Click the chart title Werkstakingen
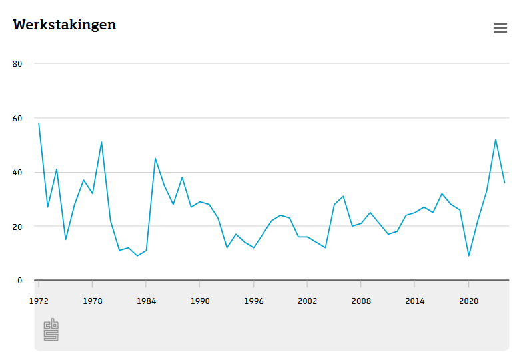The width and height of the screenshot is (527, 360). [65, 25]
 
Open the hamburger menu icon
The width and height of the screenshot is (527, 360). [500, 28]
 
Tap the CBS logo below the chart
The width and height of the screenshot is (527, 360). [51, 329]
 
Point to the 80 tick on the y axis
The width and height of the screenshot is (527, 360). [17, 64]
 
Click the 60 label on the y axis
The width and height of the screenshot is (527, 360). [17, 119]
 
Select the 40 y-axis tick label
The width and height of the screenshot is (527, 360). [17, 173]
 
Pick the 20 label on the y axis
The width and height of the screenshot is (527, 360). [17, 227]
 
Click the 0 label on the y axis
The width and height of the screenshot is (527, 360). [19, 281]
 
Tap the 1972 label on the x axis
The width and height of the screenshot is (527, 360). [39, 301]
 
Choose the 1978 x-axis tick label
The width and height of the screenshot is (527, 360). [93, 301]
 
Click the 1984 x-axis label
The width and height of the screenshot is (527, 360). [146, 301]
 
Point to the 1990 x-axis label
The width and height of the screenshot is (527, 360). [200, 301]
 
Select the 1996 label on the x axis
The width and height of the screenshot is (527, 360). [254, 301]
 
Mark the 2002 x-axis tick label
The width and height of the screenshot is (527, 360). [307, 301]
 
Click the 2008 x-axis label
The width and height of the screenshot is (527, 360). [361, 301]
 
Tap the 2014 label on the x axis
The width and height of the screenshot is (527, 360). [415, 301]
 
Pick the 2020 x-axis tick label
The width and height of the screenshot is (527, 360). [469, 301]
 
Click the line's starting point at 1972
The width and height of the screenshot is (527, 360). [39, 123]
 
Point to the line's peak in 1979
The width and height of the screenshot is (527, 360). [101, 142]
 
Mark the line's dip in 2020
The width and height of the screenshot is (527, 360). [469, 256]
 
